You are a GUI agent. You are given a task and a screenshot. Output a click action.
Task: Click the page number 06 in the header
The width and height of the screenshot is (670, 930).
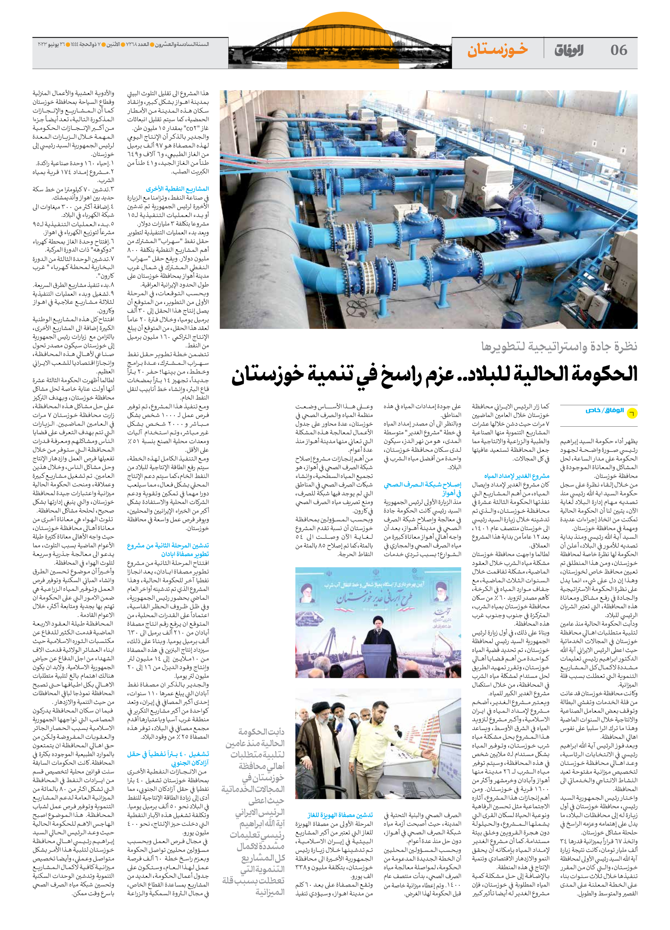[618, 50]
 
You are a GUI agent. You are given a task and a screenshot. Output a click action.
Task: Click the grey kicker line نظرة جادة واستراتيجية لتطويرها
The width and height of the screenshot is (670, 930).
[559, 346]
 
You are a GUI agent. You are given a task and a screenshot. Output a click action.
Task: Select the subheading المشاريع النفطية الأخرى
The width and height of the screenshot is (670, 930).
[177, 189]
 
